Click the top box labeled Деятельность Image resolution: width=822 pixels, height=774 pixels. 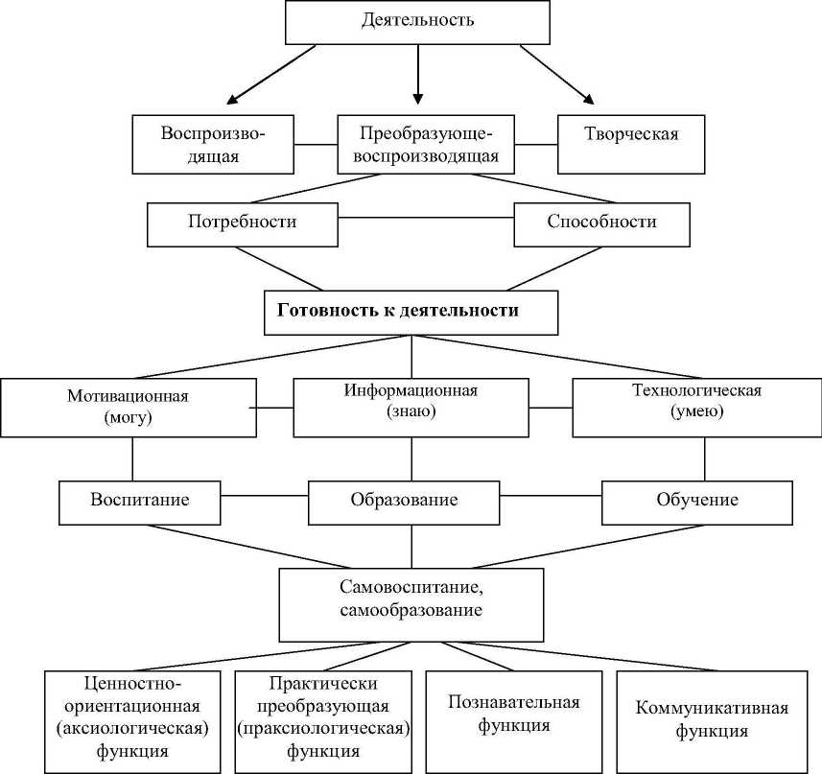[x=417, y=21]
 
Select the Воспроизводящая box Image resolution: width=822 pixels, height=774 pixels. [x=212, y=144]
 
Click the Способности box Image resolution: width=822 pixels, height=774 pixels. [x=601, y=222]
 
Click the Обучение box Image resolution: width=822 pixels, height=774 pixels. [x=696, y=501]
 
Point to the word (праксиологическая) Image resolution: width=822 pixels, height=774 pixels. [x=323, y=728]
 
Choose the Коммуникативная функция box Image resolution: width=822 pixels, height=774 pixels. [x=712, y=719]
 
